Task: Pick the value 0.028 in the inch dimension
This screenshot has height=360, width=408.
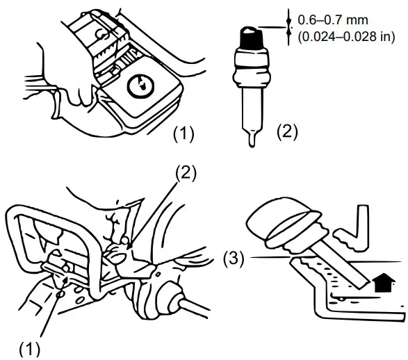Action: (x=359, y=38)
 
